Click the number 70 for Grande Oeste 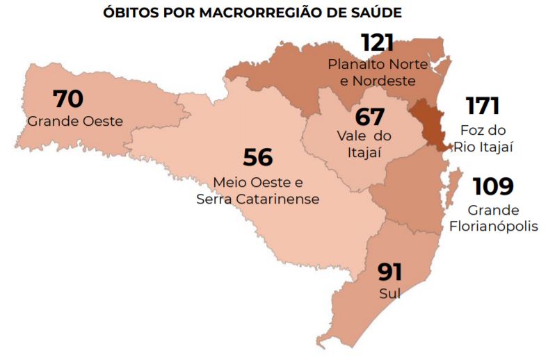click(67, 99)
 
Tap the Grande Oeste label click(75, 121)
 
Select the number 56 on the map click(257, 157)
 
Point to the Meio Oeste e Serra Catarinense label click(257, 190)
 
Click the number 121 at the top click(377, 42)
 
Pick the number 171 click(482, 106)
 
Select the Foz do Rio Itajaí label click(483, 138)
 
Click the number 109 click(493, 186)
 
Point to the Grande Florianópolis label click(494, 218)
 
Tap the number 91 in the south click(390, 272)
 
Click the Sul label click(390, 293)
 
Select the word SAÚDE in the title click(378, 13)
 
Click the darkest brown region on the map click(426, 125)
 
